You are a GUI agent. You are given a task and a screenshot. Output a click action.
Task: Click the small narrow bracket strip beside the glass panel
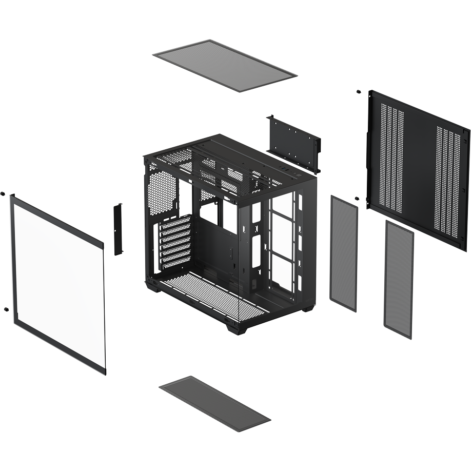[x=118, y=229]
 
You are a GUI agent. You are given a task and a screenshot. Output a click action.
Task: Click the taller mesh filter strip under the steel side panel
[x=399, y=280]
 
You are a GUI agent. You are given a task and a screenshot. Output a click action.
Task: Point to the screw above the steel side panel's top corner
[x=358, y=92]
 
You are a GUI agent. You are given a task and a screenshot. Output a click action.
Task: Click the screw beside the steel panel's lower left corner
[x=356, y=198]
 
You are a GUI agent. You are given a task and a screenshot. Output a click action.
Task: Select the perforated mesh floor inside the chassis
[x=215, y=298]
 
